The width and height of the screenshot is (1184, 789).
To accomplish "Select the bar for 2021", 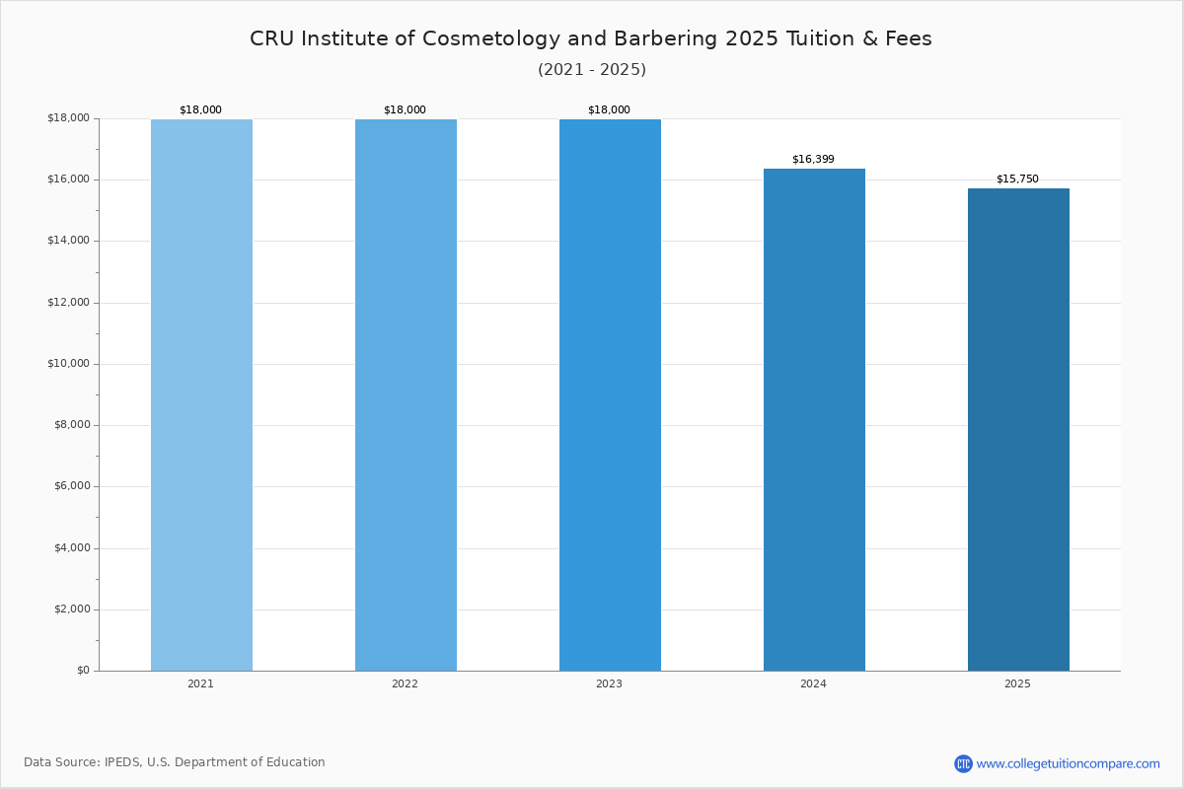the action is (201, 395).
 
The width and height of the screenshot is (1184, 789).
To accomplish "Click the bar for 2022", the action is (406, 395).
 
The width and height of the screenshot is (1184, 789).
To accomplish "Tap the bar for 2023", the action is (610, 395).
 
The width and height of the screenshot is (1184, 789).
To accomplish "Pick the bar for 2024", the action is (815, 420).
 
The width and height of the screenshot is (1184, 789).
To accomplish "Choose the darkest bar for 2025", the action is (1018, 430).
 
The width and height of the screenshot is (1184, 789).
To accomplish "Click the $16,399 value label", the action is (813, 159).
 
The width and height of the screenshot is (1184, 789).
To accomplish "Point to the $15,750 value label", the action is (1017, 179).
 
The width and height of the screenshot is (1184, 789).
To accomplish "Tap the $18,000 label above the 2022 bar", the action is (405, 109).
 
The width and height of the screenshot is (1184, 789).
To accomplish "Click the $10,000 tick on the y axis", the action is (69, 364).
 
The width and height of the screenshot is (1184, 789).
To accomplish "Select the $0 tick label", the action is (84, 671).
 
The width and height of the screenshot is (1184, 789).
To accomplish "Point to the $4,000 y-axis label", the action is (72, 548).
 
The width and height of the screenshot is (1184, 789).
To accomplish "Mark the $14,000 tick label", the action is (69, 241).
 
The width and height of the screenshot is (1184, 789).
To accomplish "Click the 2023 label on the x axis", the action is (609, 683).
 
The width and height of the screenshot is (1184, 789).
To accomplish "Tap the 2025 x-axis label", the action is (1017, 683).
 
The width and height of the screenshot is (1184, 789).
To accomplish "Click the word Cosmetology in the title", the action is (491, 39).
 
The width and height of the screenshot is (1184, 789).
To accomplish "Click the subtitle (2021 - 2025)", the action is (592, 70).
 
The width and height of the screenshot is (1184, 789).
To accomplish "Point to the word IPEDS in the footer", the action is (122, 762).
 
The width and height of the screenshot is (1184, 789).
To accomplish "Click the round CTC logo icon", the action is (964, 764).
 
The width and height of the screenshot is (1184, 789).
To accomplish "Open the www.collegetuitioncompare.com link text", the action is (1069, 764).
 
